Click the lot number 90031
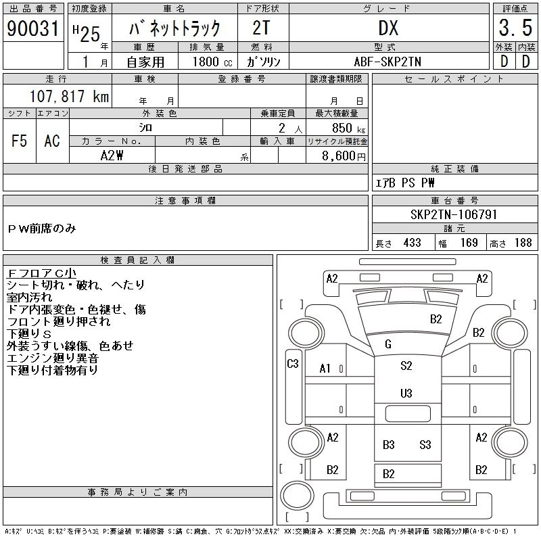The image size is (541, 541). [33, 28]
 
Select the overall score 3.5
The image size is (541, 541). [515, 28]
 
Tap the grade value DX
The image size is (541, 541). [388, 28]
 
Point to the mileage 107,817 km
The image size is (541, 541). [69, 96]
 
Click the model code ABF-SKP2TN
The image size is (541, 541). [387, 62]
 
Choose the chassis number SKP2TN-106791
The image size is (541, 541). [454, 214]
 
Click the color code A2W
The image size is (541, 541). [112, 156]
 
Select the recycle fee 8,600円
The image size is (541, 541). [344, 156]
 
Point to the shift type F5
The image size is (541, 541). [19, 141]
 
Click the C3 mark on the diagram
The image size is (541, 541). [293, 363]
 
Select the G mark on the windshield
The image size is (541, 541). [387, 344]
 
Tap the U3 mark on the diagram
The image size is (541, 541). [406, 394]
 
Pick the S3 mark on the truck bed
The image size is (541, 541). [425, 444]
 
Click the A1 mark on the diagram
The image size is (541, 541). [325, 369]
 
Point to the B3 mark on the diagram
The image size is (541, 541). [388, 444]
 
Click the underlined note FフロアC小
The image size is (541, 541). [41, 273]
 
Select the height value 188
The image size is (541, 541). [523, 243]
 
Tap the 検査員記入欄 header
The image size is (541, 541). [137, 260]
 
